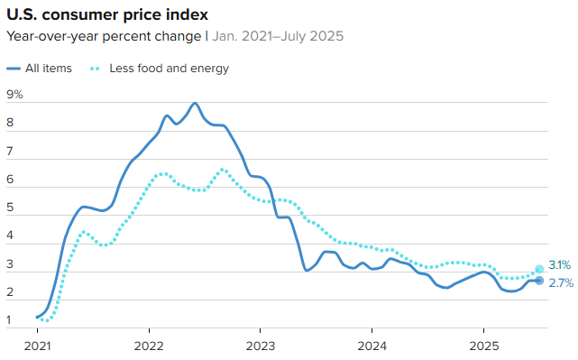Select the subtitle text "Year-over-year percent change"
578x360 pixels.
[104, 37]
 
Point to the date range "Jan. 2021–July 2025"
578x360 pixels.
[277, 37]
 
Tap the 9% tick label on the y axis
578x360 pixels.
[14, 94]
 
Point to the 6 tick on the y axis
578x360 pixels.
[10, 180]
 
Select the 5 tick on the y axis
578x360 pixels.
[10, 208]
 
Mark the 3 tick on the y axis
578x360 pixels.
[10, 264]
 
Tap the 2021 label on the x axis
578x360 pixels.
[37, 346]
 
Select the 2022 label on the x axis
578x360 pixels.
[149, 346]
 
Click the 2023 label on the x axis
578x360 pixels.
[260, 346]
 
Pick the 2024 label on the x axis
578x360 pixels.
[372, 346]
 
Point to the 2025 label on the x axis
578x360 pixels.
[483, 346]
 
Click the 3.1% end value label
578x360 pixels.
[559, 265]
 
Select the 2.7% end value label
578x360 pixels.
[559, 282]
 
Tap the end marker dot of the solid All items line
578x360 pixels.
[539, 281]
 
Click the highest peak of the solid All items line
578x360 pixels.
[195, 104]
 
